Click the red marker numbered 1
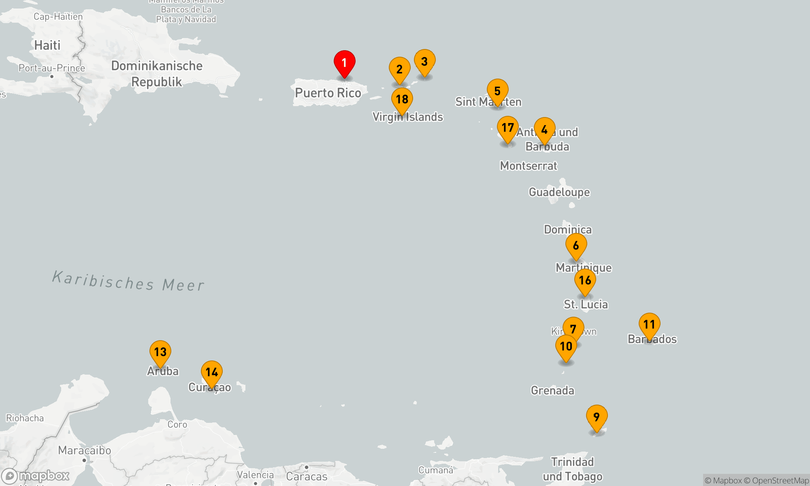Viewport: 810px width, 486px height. [344, 63]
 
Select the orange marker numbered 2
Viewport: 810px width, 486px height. [399, 69]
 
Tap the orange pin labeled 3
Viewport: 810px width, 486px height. [424, 62]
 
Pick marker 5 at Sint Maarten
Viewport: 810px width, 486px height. [497, 91]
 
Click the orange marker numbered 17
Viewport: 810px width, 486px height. [507, 128]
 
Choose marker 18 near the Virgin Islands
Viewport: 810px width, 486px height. [402, 99]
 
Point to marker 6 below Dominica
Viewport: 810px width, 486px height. [576, 245]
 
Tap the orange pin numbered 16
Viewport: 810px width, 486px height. [585, 280]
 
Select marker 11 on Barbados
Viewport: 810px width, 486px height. [649, 324]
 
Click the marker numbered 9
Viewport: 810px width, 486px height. [597, 417]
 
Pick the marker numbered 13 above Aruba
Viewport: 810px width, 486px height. [160, 352]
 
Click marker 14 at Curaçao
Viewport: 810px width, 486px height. [211, 372]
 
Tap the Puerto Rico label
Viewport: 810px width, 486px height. [328, 93]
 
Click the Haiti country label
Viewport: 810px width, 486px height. [47, 45]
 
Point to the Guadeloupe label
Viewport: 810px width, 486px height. [559, 192]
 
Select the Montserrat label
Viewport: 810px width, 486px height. [529, 166]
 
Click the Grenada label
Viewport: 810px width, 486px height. [552, 390]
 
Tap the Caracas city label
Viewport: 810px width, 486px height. [307, 476]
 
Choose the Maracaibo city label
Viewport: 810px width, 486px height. [84, 450]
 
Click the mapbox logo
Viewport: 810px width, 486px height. [36, 476]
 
